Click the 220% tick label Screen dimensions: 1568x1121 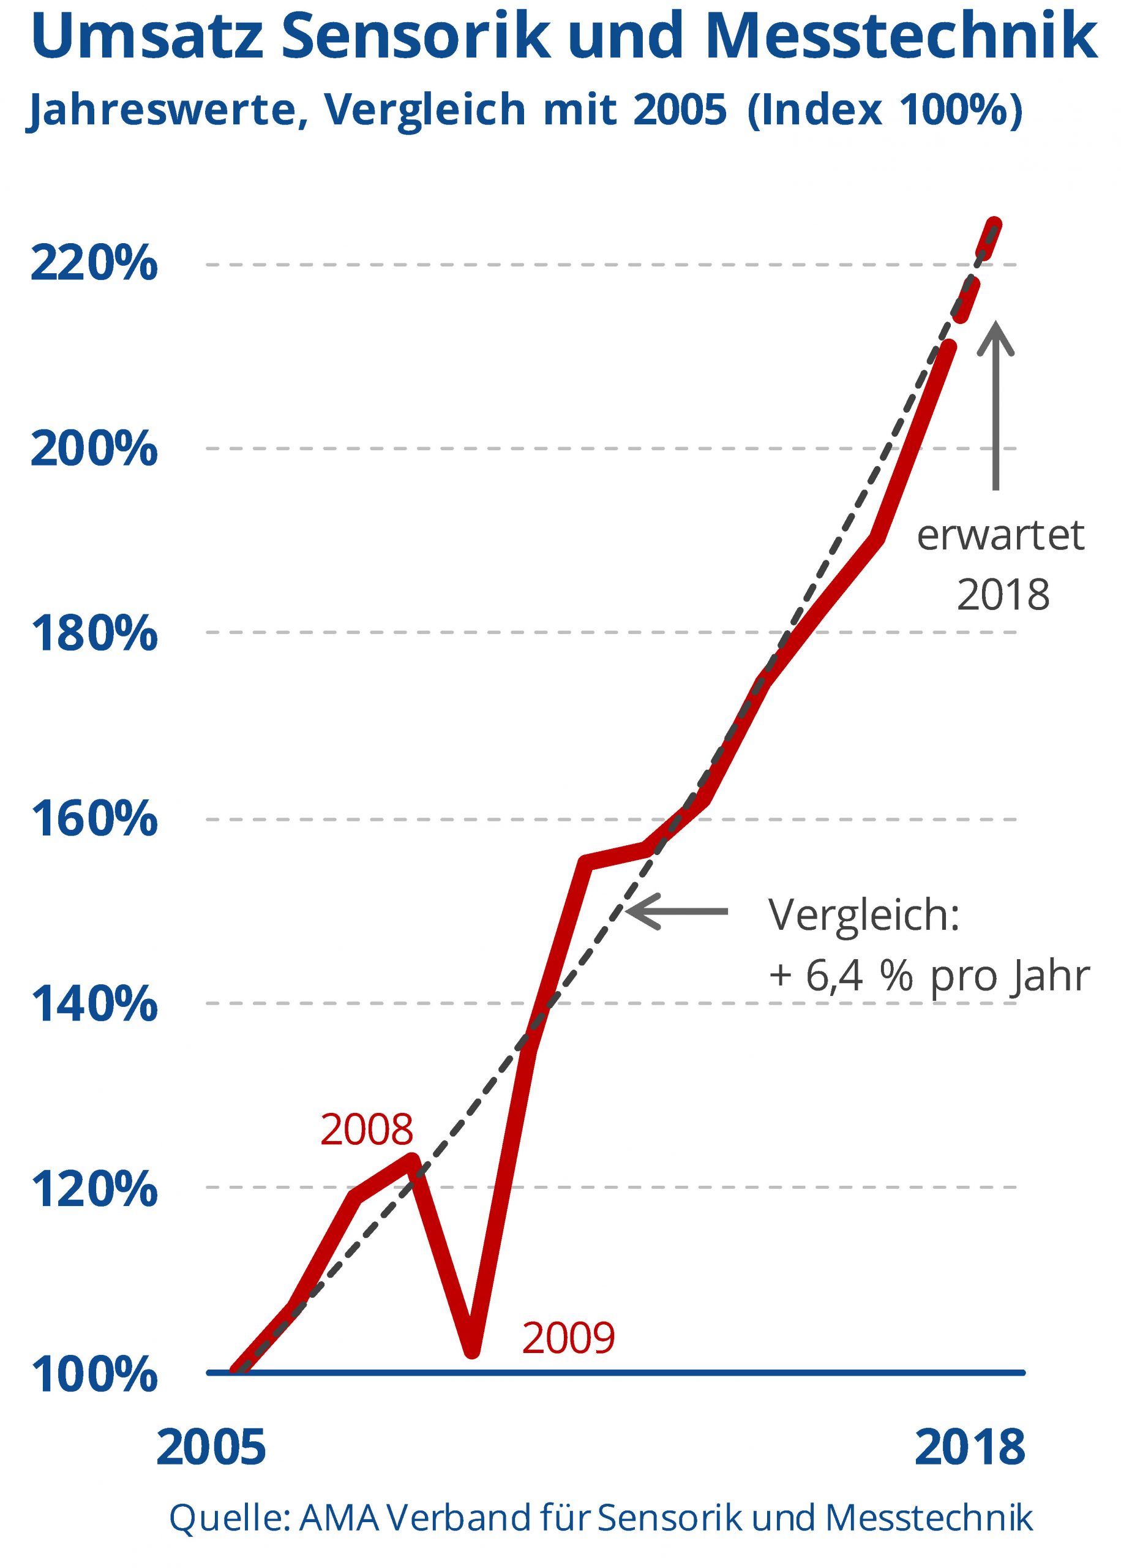(94, 265)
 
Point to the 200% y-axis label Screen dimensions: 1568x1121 (94, 449)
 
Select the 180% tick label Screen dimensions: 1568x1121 (94, 634)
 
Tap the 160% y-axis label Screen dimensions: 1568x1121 (94, 820)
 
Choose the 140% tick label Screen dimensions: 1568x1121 (94, 1005)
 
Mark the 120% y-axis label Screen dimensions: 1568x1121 (94, 1189)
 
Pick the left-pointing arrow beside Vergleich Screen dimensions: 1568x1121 (677, 911)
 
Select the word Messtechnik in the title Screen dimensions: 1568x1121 (901, 36)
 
